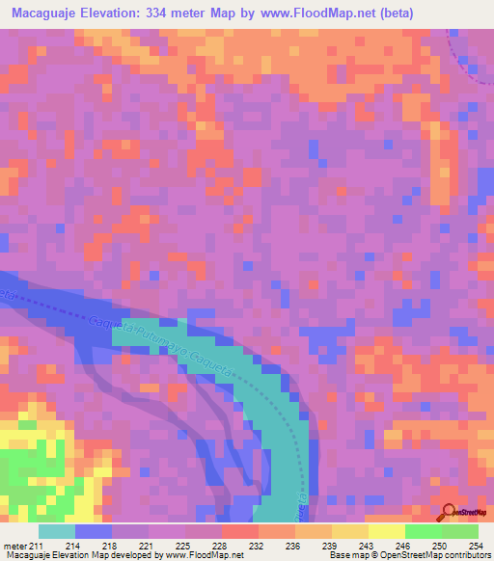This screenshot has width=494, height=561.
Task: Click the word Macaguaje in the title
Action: (x=47, y=13)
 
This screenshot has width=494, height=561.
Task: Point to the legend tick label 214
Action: (x=72, y=545)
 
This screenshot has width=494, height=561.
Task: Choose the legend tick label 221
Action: (x=149, y=545)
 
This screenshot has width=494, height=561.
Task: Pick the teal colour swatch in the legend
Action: (x=57, y=531)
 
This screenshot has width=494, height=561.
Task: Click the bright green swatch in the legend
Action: (x=423, y=531)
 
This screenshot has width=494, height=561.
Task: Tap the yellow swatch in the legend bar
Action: (x=386, y=531)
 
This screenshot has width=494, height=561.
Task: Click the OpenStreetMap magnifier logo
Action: (x=450, y=514)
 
